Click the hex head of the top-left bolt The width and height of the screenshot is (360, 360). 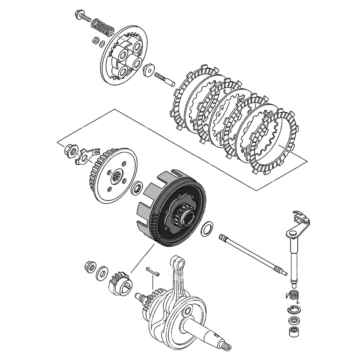pos(78,14)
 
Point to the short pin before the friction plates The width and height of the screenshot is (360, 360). pos(164,78)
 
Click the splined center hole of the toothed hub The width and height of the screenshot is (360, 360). pos(116,177)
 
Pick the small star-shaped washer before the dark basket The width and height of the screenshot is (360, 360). pos(137,188)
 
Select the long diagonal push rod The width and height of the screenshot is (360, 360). pos(252,254)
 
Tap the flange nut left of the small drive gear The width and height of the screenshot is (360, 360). pos(89,267)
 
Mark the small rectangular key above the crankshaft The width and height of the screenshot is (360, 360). pos(152,271)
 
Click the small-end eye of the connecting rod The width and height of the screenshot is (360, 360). pos(176,261)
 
